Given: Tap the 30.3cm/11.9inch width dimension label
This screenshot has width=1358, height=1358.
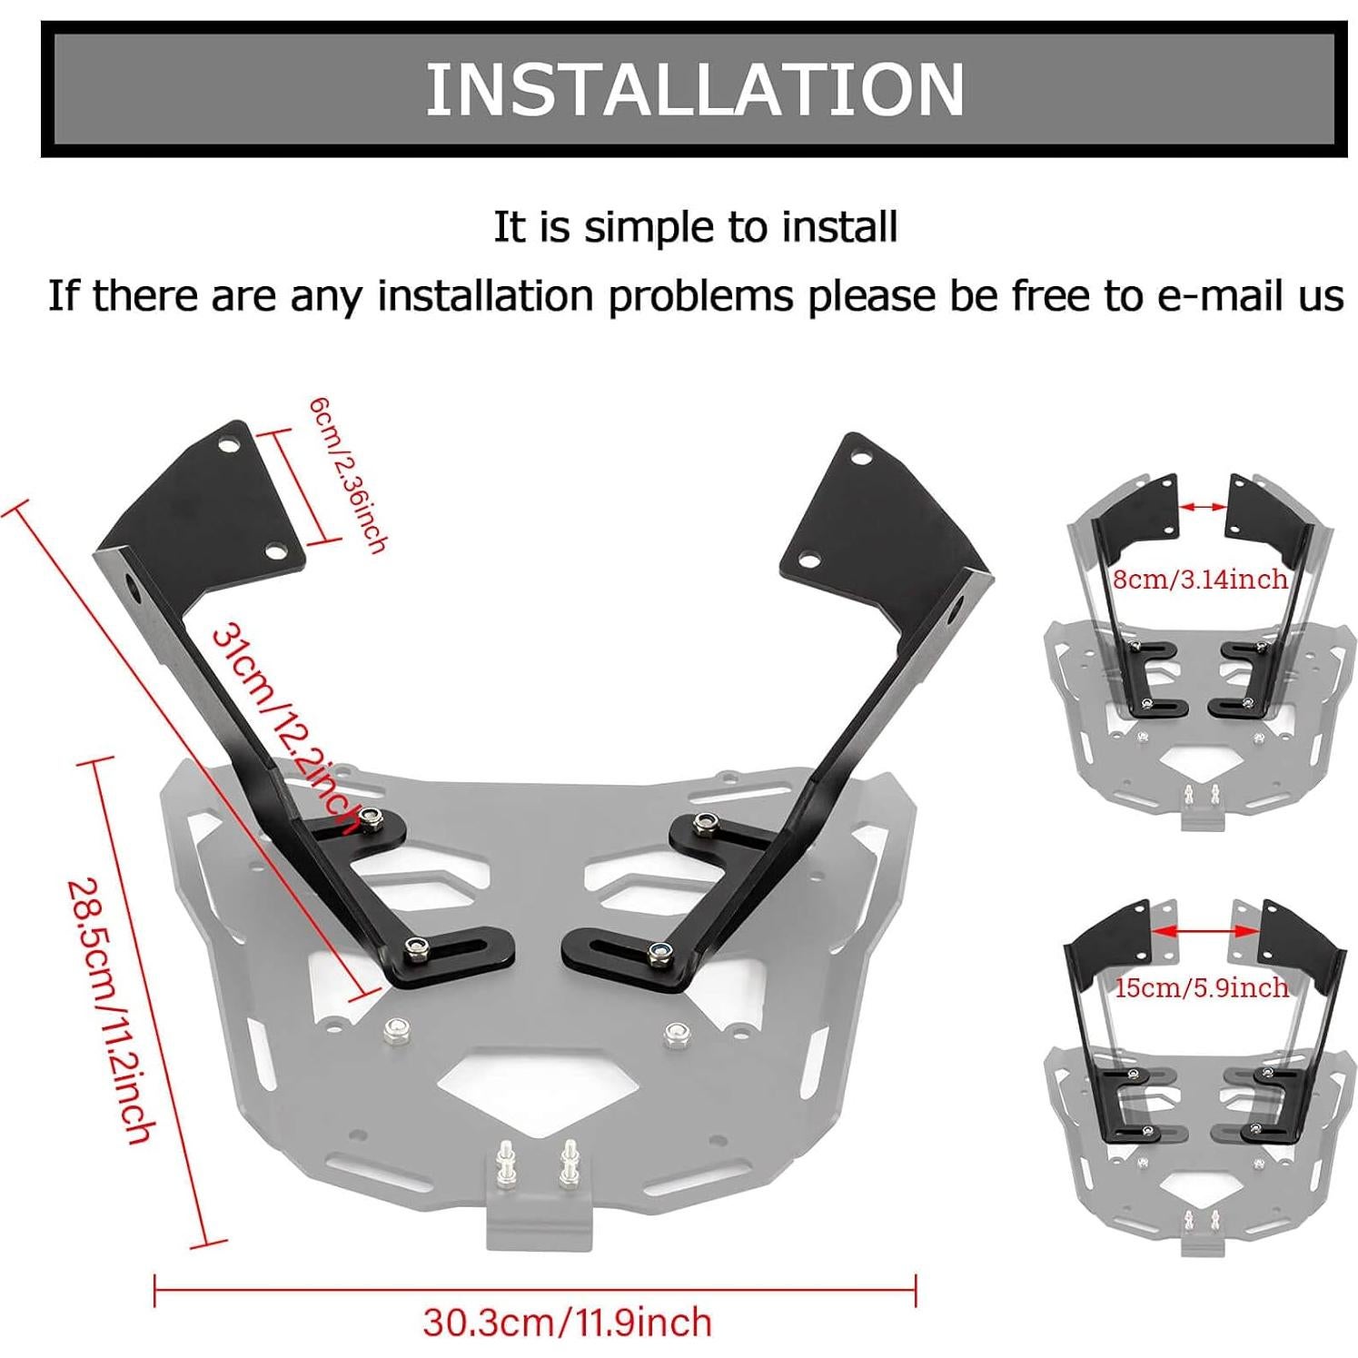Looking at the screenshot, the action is [567, 1322].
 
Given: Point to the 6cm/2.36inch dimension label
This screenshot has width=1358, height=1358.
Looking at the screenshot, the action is [349, 472].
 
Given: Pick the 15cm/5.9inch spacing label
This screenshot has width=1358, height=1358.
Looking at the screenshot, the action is [1201, 986].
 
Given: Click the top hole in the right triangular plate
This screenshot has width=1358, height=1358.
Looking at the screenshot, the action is [858, 458].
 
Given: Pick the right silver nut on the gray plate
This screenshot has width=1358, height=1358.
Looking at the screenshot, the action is [674, 1033].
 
